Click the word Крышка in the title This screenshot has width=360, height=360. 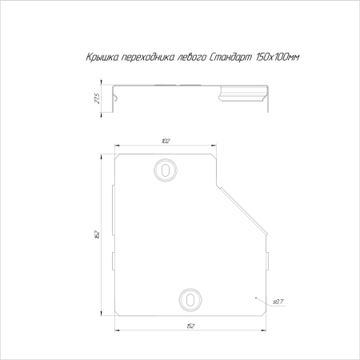pos(102,57)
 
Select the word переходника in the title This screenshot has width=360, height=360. pos(147,58)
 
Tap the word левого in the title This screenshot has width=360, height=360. pos(191,58)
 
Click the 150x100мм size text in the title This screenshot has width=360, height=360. pos(278,57)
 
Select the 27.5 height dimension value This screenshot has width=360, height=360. pos(98,98)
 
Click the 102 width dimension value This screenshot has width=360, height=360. pos(166,141)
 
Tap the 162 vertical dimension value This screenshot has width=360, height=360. pos(98,234)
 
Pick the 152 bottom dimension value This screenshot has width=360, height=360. pos(190,326)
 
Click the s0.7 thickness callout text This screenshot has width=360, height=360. pos(278,302)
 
